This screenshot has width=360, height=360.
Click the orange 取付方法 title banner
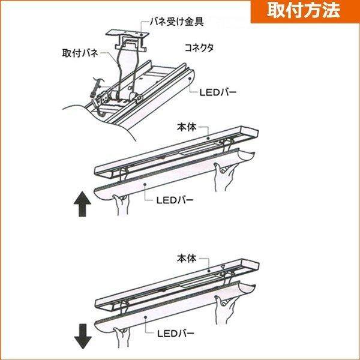305,11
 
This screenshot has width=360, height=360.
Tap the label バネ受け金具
176,22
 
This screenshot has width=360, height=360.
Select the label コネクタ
199,48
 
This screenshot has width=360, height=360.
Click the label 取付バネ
80,53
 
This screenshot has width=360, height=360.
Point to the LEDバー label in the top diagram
218,92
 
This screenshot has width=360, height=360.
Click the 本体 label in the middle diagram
187,127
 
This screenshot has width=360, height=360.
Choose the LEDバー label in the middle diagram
175,200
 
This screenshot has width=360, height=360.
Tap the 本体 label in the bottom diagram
187,258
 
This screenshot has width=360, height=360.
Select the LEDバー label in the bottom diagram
176,334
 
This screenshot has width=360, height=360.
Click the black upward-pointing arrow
82,205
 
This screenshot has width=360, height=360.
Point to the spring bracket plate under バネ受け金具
127,33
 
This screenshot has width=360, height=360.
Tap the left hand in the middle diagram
121,205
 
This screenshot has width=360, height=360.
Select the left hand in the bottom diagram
122,337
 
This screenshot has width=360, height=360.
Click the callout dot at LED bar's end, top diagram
190,79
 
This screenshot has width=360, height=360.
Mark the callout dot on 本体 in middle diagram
208,138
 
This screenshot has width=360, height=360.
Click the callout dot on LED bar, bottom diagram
145,317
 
